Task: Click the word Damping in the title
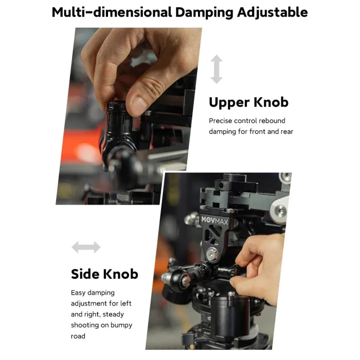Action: coord(204,13)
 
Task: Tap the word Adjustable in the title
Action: coord(273,13)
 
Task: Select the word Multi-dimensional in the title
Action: coord(112,12)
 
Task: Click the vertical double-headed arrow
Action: coord(217,69)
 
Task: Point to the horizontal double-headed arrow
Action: coord(86,247)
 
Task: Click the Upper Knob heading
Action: coord(248,102)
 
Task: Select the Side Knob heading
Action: coord(104,274)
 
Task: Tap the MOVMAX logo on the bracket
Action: coord(214,220)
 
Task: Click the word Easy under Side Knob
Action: coord(78,293)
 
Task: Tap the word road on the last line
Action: coord(78,336)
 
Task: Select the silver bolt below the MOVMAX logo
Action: coord(211,254)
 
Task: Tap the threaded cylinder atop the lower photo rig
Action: coord(235,177)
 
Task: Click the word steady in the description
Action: coord(113,315)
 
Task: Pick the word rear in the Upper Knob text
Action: coord(287,132)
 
